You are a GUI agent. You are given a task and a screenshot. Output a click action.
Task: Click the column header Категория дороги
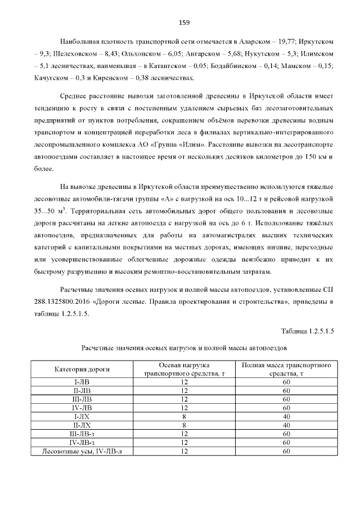[x=82, y=370]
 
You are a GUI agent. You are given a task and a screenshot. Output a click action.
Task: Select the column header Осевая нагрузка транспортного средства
[x=184, y=370]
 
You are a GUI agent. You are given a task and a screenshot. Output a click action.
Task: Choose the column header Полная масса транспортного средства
[x=286, y=370]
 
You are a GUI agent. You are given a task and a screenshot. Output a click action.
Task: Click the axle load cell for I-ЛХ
[x=184, y=417]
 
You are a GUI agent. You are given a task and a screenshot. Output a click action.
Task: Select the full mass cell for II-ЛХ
[x=286, y=425]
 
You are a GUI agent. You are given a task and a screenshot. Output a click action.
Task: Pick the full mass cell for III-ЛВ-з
[x=286, y=434]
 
